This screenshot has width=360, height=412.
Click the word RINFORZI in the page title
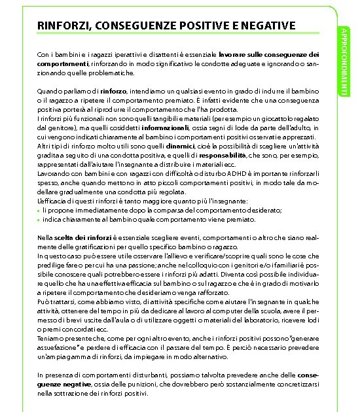click(x=64, y=26)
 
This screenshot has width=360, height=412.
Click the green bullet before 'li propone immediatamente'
click(x=39, y=211)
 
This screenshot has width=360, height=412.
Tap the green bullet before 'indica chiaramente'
click(x=39, y=221)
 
